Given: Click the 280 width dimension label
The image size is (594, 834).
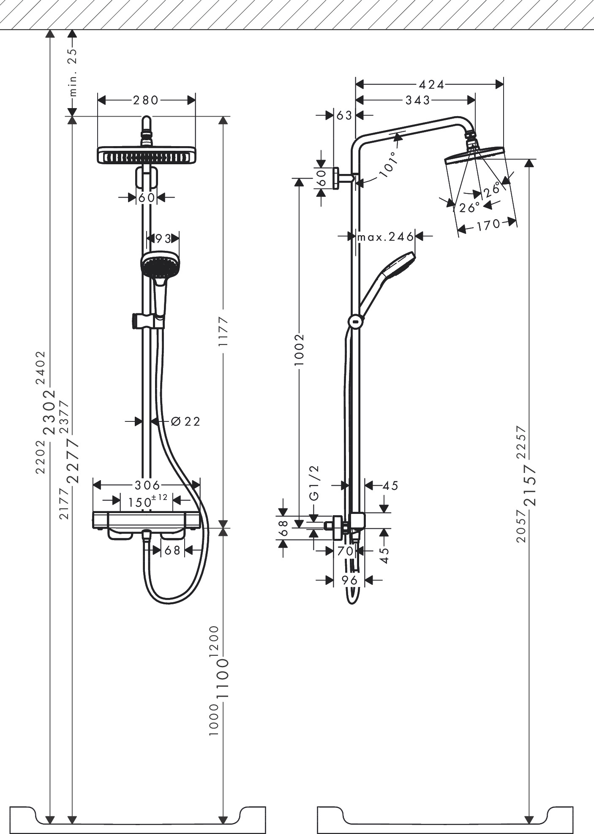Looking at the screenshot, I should tap(146, 100).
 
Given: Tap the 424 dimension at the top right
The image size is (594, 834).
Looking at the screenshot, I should tap(431, 84).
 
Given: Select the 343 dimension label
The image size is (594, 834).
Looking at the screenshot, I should tap(417, 100).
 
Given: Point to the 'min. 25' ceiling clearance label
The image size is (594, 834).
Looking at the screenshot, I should tap(73, 72).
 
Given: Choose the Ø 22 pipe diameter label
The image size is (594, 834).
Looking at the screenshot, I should tap(185, 421).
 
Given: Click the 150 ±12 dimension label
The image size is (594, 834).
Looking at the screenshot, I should tap(147, 501).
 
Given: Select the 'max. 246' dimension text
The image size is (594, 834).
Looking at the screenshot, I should tap(385, 236).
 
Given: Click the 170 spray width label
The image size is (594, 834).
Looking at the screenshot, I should tap(488, 225).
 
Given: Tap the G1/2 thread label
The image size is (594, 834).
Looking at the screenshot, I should tap(315, 483).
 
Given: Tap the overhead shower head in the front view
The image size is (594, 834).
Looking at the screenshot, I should tap(147, 155).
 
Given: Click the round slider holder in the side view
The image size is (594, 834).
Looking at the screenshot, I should tap(356, 321).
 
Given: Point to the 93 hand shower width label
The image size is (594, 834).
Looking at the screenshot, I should tap(163, 239).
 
